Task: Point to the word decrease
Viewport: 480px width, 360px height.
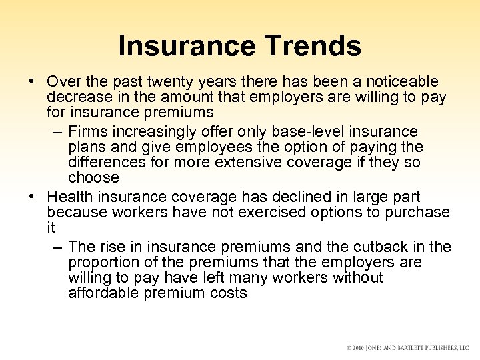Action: pyautogui.click(x=77, y=97)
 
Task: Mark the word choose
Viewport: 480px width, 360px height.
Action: pyautogui.click(x=93, y=178)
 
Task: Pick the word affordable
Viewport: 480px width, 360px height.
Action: pyautogui.click(x=102, y=293)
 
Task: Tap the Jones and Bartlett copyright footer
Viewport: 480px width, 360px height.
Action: pyautogui.click(x=407, y=349)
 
